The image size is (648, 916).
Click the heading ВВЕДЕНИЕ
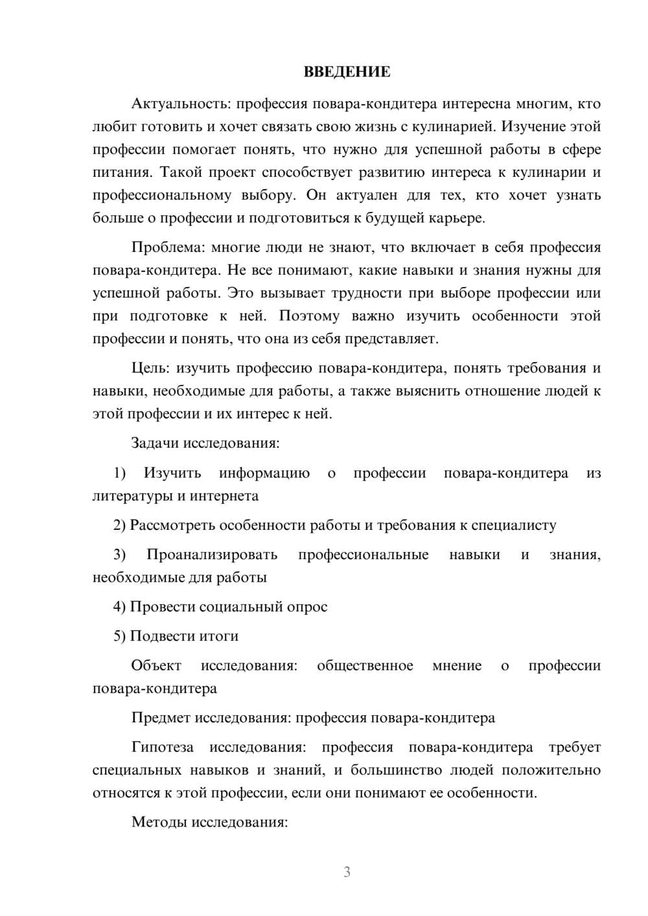click(x=347, y=72)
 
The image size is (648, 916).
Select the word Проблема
click(x=167, y=247)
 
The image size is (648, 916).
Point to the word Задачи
click(x=156, y=443)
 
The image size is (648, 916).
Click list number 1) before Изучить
click(x=120, y=473)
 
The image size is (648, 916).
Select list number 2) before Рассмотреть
click(x=120, y=525)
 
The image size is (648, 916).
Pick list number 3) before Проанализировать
click(x=120, y=555)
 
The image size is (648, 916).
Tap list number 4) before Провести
click(x=120, y=607)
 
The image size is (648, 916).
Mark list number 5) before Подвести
click(x=120, y=636)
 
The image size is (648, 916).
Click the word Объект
click(x=156, y=665)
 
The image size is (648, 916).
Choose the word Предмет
click(x=161, y=718)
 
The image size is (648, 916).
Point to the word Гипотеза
click(x=162, y=747)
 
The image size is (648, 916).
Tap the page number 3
click(x=347, y=872)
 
